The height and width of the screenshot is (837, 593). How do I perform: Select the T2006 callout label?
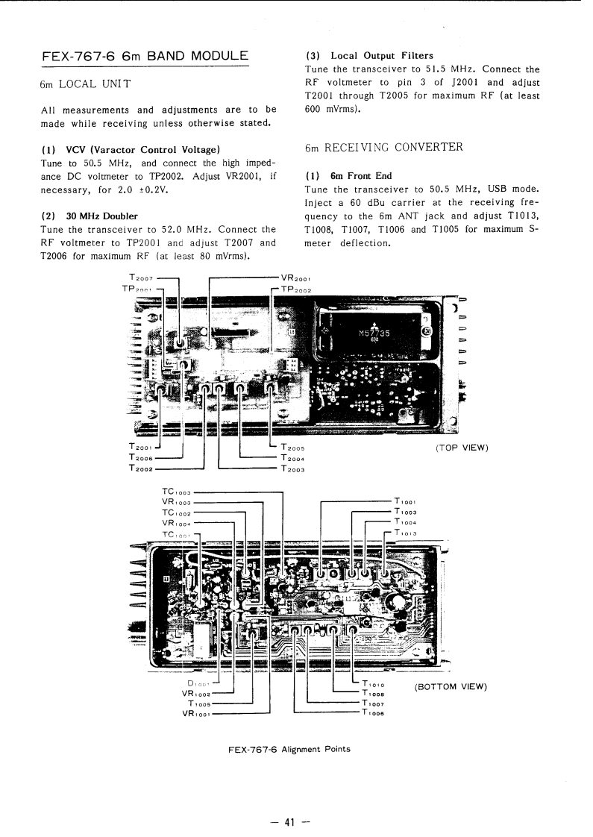141,457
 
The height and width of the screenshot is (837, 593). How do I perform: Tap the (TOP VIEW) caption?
461,448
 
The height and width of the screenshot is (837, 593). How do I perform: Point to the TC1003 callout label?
177,492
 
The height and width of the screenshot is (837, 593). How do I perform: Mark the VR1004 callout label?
177,524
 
